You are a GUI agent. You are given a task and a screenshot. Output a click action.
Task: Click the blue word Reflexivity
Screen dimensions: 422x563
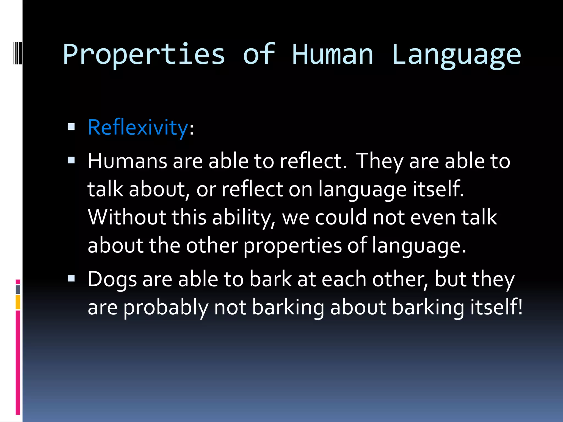138,128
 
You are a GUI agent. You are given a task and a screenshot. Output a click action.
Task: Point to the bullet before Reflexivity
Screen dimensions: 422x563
71,127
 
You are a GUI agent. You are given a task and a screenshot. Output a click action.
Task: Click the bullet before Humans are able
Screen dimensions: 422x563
71,160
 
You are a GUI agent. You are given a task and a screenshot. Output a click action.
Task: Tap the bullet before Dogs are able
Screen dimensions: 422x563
71,279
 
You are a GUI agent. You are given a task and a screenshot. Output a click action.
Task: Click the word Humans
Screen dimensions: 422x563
127,161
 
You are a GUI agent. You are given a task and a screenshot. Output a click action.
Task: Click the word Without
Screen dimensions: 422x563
127,217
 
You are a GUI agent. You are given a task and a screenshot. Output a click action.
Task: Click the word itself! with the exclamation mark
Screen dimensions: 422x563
496,307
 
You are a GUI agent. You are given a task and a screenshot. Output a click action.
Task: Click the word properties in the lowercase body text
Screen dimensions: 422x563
292,246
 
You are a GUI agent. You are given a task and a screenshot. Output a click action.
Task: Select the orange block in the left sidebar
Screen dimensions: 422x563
18,302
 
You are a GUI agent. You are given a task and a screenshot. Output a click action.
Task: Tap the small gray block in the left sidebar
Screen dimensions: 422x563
18,289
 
